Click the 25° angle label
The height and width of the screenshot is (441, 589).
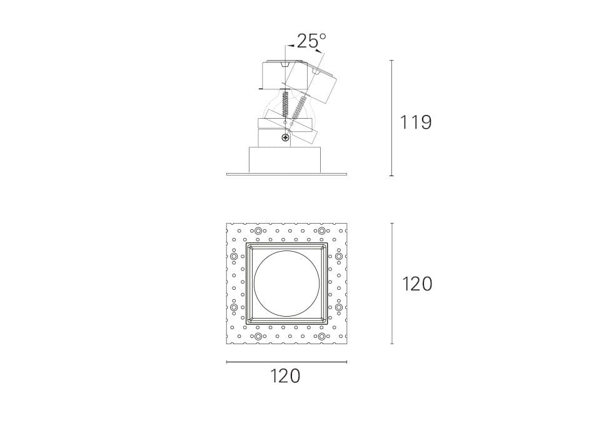click(x=311, y=41)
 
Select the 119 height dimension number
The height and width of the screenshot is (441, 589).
click(x=415, y=122)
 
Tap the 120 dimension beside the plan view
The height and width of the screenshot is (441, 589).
click(x=417, y=284)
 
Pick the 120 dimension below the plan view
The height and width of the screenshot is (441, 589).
click(x=286, y=375)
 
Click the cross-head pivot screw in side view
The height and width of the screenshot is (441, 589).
click(x=286, y=138)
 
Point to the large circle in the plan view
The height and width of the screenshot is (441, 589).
click(x=286, y=284)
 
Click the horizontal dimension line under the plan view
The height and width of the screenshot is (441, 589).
click(x=286, y=362)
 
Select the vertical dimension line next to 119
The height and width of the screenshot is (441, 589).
click(x=392, y=118)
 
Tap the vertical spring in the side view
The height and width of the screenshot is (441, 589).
click(x=286, y=103)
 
